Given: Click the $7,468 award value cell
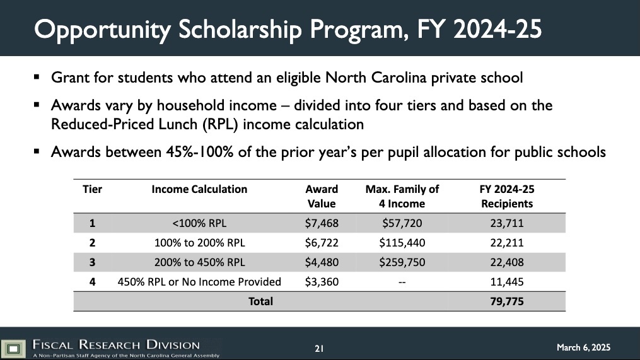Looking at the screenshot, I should [322, 223].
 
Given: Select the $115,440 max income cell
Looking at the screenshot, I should [402, 242].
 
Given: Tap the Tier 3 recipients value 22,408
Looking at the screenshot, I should [507, 262].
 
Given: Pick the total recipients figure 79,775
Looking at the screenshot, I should [507, 301].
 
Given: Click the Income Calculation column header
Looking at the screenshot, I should [199, 189].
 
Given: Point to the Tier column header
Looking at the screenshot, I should [92, 189].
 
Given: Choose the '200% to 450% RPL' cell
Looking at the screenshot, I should [199, 262].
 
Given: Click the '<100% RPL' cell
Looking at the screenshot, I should [199, 223].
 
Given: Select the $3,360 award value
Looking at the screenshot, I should [322, 281].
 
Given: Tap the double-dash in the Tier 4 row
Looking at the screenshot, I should [402, 282].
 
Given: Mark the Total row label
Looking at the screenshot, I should [260, 301].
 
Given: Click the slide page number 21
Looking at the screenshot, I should [319, 348].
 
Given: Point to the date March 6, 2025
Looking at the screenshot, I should [583, 347].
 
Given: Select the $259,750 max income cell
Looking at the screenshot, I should [402, 262].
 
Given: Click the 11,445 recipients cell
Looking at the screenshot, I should [507, 281].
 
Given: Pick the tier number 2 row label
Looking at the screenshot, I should [92, 242].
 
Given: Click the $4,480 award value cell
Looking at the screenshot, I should [322, 262].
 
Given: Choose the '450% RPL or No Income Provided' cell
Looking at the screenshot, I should [199, 281].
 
